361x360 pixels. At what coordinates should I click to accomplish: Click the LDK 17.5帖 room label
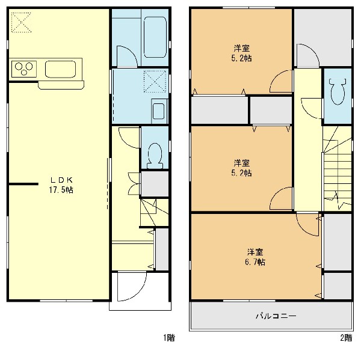tap(61, 185)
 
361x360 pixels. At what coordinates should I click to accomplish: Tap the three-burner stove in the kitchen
tap(24, 69)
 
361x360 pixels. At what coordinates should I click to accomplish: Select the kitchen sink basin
tap(60, 69)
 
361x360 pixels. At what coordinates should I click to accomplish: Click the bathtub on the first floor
tap(155, 37)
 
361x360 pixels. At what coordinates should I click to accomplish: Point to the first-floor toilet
tap(155, 156)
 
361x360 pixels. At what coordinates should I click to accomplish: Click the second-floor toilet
tap(338, 91)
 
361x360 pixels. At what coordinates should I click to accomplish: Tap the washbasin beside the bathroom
tap(159, 111)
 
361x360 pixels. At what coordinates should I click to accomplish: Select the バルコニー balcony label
tap(276, 316)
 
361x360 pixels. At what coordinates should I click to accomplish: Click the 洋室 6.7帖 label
tap(255, 257)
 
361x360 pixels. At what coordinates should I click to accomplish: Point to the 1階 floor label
tap(169, 338)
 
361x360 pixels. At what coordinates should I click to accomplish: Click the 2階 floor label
tap(346, 338)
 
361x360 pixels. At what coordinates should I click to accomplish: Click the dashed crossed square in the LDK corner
tap(21, 22)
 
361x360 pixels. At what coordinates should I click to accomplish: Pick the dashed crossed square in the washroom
tap(155, 81)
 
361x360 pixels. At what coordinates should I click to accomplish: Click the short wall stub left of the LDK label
tap(23, 184)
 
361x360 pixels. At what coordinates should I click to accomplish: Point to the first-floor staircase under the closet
tap(154, 212)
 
